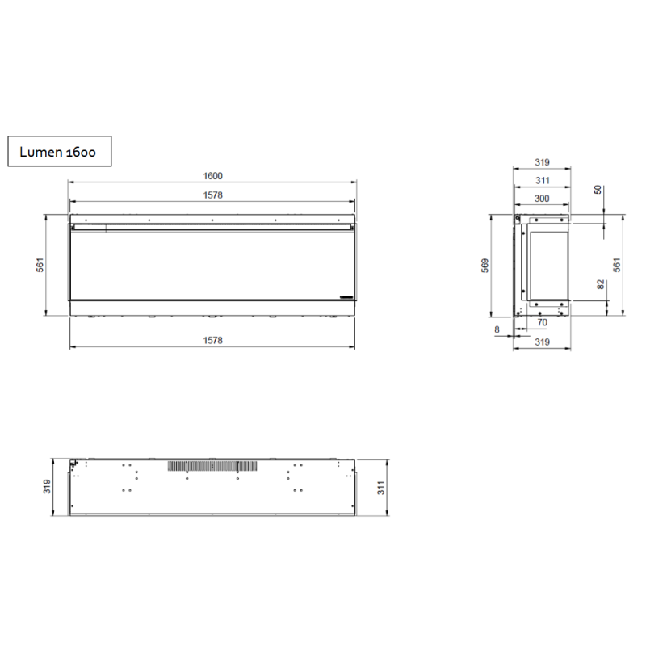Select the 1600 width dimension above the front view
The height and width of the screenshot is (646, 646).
click(x=212, y=176)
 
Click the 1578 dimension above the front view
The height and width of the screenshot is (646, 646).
click(x=212, y=195)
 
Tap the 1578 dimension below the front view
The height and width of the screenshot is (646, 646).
click(x=212, y=340)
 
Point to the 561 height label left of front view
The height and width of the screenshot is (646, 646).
click(x=40, y=265)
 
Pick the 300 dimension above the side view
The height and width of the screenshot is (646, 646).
click(x=542, y=198)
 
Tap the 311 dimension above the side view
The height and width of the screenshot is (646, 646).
click(x=542, y=180)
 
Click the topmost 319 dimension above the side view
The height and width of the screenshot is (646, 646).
click(x=542, y=162)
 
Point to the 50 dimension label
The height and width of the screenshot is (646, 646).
click(x=597, y=190)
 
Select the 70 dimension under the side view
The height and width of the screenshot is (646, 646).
click(x=542, y=323)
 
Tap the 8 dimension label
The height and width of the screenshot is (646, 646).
click(x=497, y=329)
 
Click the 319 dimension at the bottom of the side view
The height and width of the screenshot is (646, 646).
click(x=542, y=342)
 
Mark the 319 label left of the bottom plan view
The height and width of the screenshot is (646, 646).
click(x=47, y=487)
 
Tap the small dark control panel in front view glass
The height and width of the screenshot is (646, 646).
click(x=346, y=297)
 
